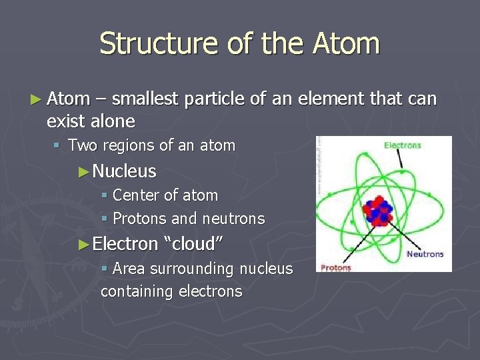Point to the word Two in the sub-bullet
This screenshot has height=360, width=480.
tap(83, 145)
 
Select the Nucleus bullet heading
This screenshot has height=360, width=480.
tap(124, 171)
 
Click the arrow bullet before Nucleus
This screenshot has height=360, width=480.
tap(84, 172)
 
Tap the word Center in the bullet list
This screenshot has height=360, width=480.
tap(136, 195)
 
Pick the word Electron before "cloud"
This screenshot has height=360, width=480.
tap(125, 244)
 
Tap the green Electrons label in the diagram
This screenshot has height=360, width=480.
tap(403, 145)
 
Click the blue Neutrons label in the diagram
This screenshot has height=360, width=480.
tap(425, 254)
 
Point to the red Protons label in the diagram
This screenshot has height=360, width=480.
tap(335, 267)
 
